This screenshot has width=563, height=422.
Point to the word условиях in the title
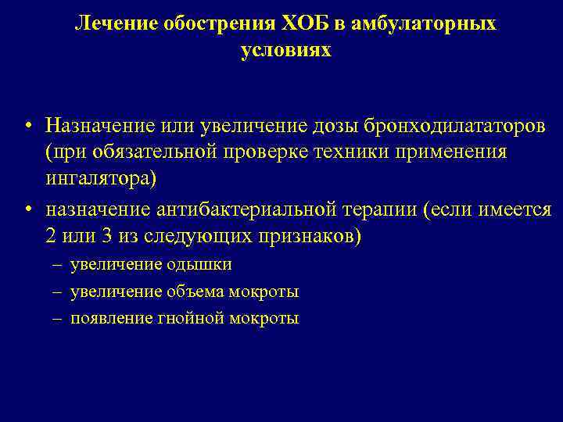pos(285,51)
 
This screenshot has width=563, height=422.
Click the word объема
pos(196,292)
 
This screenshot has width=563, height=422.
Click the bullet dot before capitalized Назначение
pos(27,127)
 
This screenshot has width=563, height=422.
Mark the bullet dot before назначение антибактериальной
pos(27,211)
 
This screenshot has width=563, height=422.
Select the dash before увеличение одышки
pos(59,266)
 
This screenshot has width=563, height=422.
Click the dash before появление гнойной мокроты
pos(59,320)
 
